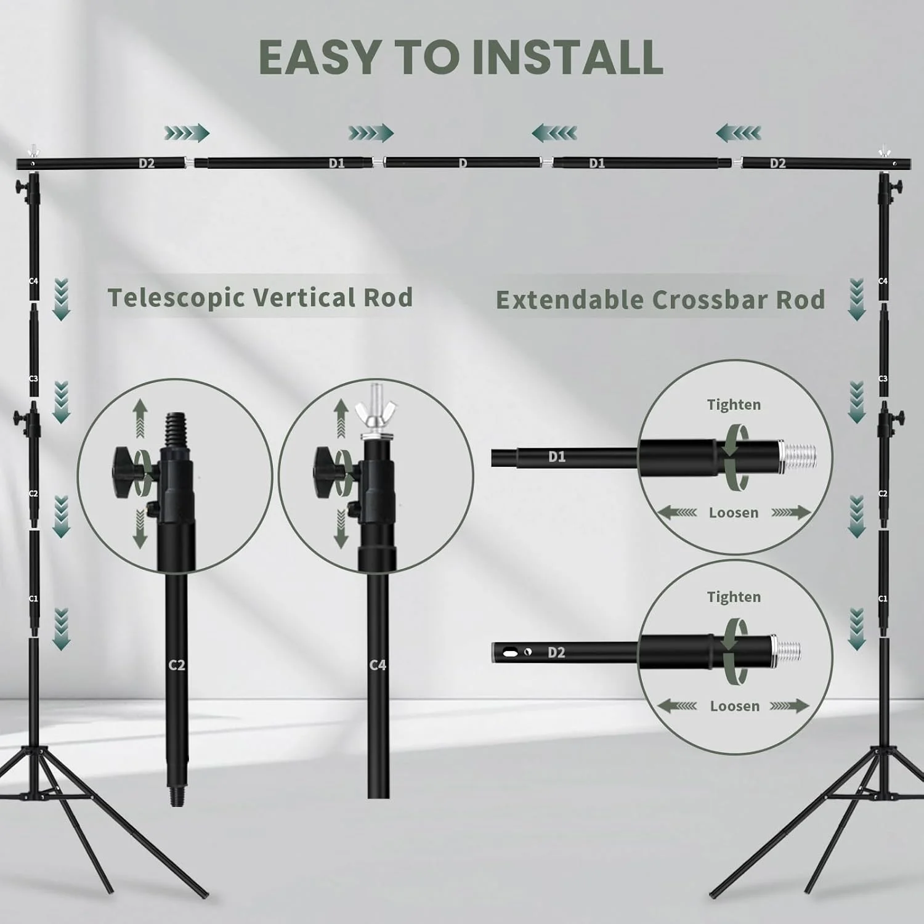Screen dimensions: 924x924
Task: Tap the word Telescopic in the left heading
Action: (177, 298)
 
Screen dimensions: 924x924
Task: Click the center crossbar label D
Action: (463, 163)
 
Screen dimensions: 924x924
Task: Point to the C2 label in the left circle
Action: (177, 665)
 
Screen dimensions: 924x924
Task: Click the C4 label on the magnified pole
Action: (378, 665)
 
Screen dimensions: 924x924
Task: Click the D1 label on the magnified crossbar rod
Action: (557, 456)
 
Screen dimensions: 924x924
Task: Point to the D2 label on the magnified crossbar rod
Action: (556, 652)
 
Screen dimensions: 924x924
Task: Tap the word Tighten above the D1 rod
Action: (734, 405)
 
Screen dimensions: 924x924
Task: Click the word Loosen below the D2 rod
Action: (735, 706)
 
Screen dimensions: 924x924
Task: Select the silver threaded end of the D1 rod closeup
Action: (798, 456)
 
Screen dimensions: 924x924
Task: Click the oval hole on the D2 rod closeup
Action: (511, 651)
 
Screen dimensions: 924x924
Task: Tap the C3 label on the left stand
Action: (34, 378)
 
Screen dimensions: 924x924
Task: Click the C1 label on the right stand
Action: (883, 598)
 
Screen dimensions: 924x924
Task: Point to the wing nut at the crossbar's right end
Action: (885, 151)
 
